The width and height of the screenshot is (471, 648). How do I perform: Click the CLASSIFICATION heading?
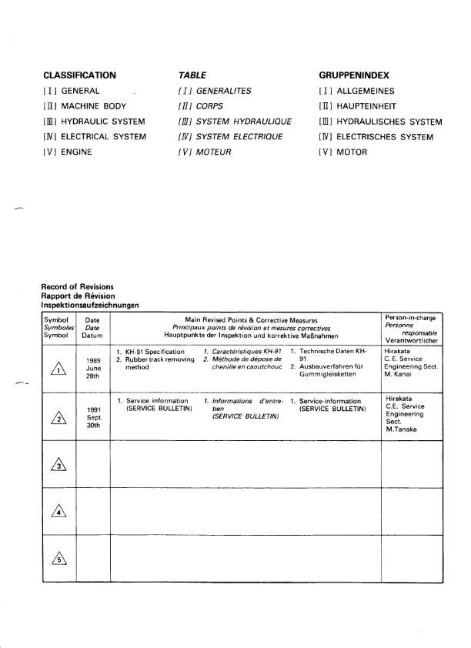(x=79, y=75)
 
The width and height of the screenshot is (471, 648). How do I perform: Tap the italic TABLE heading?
(x=192, y=75)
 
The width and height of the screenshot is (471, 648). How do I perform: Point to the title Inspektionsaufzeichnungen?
(x=90, y=305)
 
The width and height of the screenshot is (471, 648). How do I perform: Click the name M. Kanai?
(x=399, y=376)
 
